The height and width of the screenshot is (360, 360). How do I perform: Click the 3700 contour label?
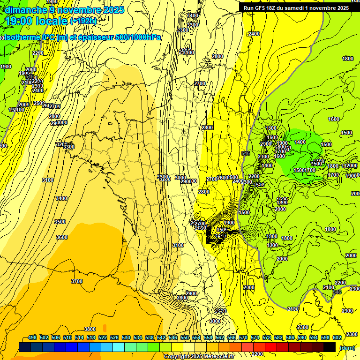click(x=77, y=281)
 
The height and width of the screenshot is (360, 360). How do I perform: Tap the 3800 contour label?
click(x=90, y=329)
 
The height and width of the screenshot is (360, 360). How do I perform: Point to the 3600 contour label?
click(x=62, y=237)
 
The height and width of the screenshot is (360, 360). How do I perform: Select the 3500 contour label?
click(x=60, y=221)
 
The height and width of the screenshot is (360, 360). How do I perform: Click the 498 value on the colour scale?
click(x=32, y=337)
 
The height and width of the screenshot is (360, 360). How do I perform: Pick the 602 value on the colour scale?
click(x=337, y=337)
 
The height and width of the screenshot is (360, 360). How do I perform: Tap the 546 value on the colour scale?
click(x=173, y=337)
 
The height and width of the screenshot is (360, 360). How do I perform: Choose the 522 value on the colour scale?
click(x=103, y=337)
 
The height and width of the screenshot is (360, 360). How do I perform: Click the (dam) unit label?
click(x=347, y=348)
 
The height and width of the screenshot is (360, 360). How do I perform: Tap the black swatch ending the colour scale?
click(x=330, y=347)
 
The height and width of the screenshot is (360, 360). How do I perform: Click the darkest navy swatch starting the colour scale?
click(x=24, y=347)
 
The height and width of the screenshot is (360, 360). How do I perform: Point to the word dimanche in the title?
click(x=26, y=9)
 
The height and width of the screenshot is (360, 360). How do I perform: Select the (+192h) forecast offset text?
click(x=83, y=21)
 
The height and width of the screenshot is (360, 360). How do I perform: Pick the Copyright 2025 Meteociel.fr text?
click(x=199, y=356)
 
